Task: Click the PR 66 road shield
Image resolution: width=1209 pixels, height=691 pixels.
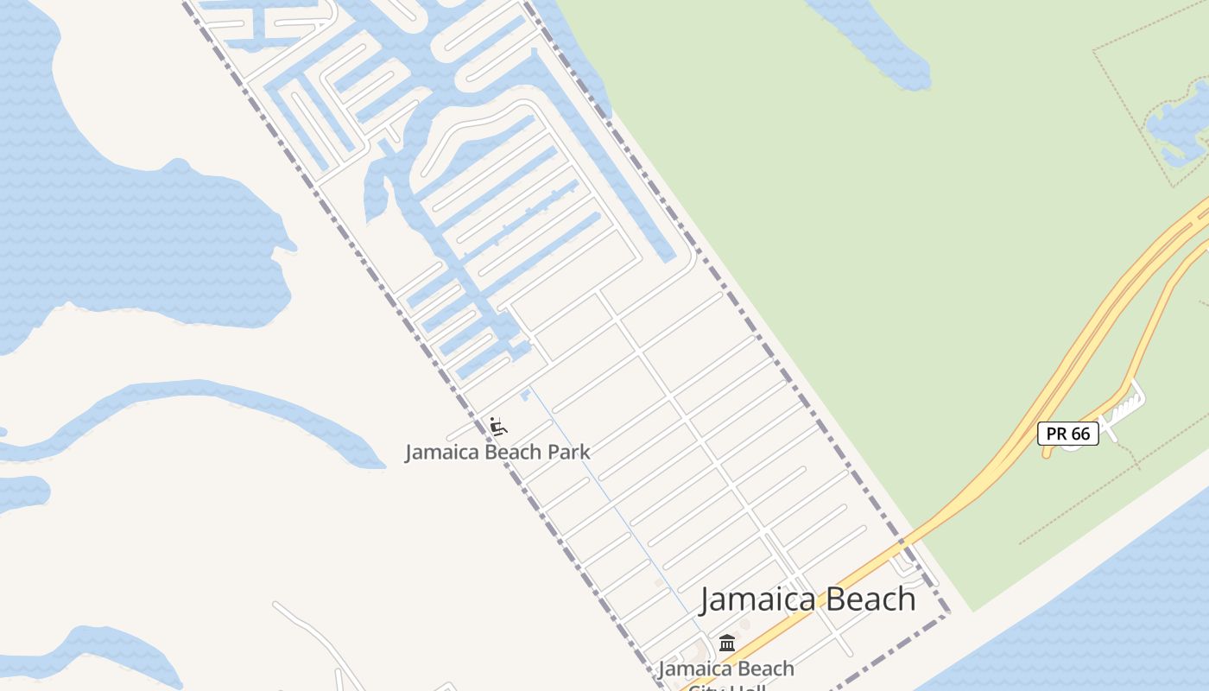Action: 1068,434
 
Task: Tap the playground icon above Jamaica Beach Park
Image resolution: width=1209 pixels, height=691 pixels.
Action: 497,426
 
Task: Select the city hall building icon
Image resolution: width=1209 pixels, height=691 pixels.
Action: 727,643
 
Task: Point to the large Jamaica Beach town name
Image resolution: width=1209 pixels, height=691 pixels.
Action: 807,599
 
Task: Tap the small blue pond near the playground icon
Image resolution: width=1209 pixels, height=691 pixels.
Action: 524,395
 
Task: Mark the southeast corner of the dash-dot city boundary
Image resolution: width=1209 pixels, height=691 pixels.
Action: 947,614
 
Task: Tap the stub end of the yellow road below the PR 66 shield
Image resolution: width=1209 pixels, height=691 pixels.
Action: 1048,453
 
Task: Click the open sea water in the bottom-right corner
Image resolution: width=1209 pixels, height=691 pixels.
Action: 1123,622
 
